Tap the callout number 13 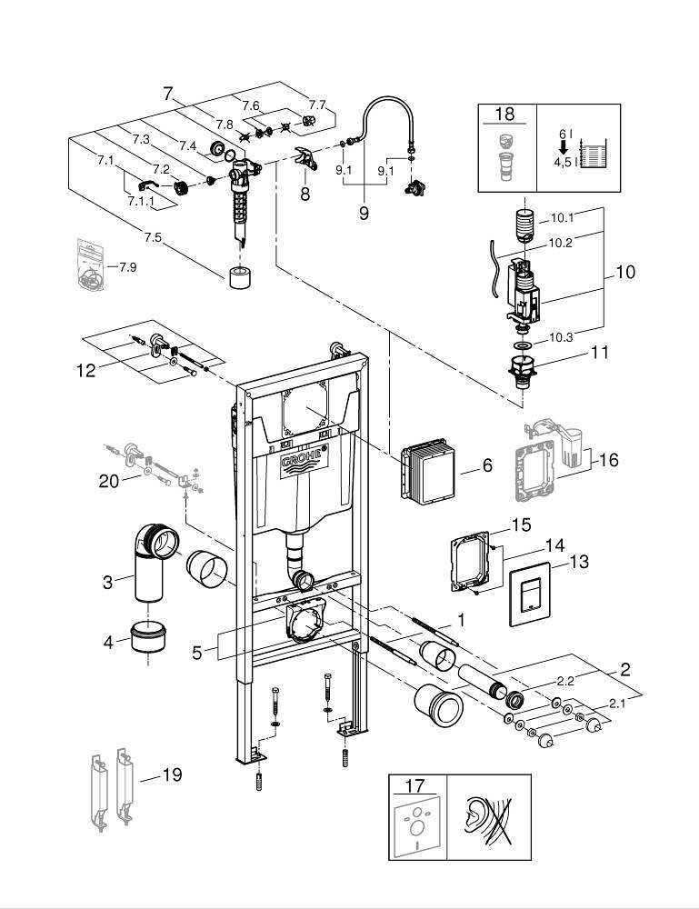(x=578, y=562)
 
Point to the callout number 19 (x=171, y=774)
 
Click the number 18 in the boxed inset (x=504, y=114)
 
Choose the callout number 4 (x=110, y=642)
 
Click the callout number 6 (x=487, y=465)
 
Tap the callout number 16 (x=608, y=460)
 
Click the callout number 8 (x=305, y=194)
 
